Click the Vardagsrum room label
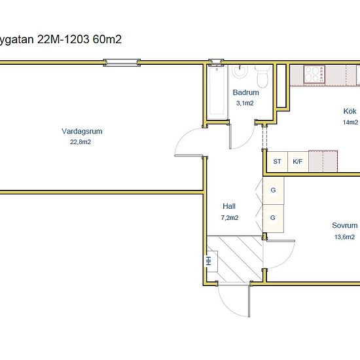tap(82, 131)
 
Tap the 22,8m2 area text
tap(81, 141)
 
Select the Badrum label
tap(246, 92)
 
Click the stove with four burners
tap(314, 75)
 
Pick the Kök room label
tap(350, 111)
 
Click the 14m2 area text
tap(350, 122)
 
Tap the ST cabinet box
tap(277, 161)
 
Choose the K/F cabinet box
tap(297, 161)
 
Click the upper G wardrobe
tap(273, 190)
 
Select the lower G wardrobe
tap(273, 217)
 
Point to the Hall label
tap(229, 205)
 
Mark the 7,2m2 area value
tap(229, 217)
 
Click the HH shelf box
tap(209, 261)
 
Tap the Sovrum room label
tap(344, 225)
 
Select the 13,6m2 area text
tap(345, 237)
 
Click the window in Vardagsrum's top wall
tap(122, 63)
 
